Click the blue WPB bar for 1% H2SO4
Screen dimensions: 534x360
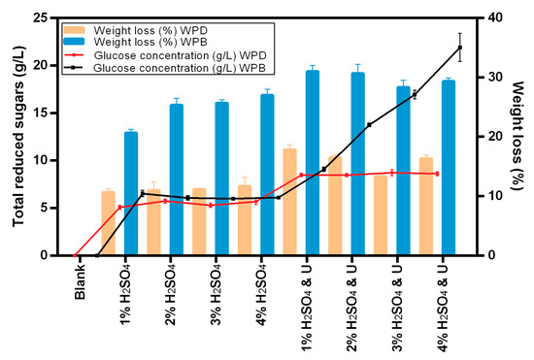click(131, 193)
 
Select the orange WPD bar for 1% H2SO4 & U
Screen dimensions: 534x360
click(290, 202)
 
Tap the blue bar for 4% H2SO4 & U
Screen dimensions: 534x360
click(449, 168)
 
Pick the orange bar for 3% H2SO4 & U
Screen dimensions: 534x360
click(381, 215)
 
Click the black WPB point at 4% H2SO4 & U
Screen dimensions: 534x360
click(460, 48)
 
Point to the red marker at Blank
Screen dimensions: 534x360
click(75, 255)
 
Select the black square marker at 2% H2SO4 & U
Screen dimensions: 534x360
click(369, 125)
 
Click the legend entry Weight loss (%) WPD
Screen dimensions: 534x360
click(150, 30)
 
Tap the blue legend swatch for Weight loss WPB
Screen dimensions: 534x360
click(74, 42)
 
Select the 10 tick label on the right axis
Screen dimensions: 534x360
click(494, 196)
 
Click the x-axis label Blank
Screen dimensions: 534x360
click(80, 281)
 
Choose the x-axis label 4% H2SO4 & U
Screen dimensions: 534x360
click(443, 308)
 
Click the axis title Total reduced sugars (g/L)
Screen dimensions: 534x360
click(18, 136)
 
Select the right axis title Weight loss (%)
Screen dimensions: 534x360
click(517, 136)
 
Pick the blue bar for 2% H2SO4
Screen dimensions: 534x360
click(177, 180)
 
